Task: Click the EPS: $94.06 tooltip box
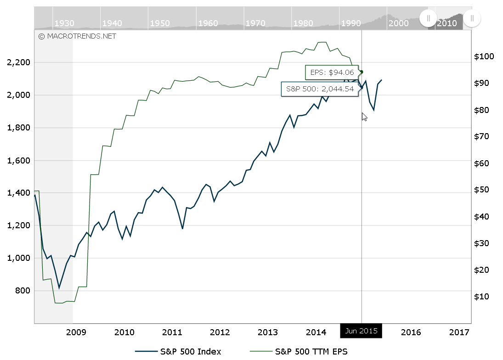(x=332, y=73)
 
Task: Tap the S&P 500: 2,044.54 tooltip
(x=320, y=89)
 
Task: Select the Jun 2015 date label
(x=361, y=331)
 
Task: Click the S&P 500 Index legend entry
(x=178, y=352)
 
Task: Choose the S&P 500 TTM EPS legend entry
(x=299, y=352)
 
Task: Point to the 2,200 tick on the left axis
(x=19, y=62)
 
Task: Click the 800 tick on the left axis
(x=23, y=291)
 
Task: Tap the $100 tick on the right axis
(x=484, y=56)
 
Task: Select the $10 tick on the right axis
(x=482, y=297)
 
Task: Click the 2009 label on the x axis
(x=76, y=332)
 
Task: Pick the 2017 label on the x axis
(x=459, y=332)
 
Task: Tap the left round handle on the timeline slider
(x=428, y=18)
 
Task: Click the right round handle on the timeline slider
(x=472, y=18)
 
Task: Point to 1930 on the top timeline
(x=64, y=23)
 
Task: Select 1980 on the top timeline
(x=303, y=23)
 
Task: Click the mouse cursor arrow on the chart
(x=364, y=117)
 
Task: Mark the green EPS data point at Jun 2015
(x=362, y=72)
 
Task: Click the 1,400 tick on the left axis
(x=19, y=193)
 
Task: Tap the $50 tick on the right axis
(x=482, y=190)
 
